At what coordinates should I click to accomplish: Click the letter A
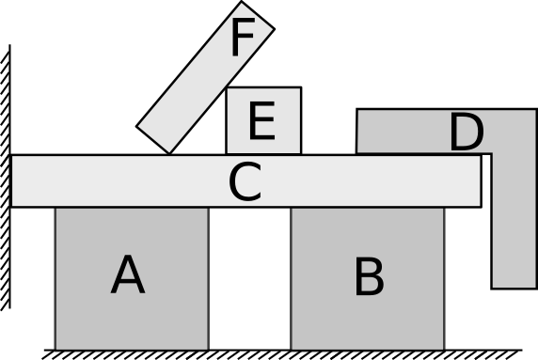(x=128, y=276)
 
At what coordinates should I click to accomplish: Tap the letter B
(x=369, y=278)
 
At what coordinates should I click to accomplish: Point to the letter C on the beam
(x=245, y=183)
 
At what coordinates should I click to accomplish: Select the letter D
(x=466, y=133)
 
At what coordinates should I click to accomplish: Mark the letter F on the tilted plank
(x=242, y=39)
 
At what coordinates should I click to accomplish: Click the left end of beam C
(x=19, y=180)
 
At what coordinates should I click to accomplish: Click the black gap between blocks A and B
(x=249, y=282)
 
